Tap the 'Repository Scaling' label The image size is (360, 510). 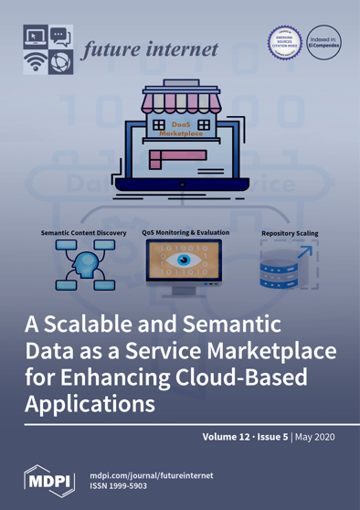click(x=290, y=234)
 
